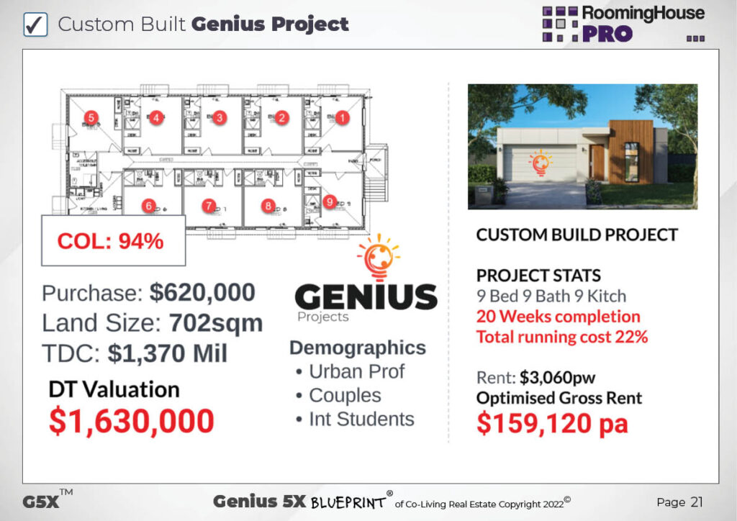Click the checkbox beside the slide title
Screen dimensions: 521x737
(35, 24)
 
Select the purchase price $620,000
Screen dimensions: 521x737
(202, 293)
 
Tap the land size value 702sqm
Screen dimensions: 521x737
(216, 323)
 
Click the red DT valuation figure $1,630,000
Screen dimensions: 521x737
(131, 420)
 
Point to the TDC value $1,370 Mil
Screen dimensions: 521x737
(168, 353)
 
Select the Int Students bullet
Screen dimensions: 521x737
(361, 419)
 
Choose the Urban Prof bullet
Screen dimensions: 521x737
(356, 371)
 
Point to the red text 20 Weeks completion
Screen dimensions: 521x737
(558, 317)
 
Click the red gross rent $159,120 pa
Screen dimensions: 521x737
(552, 423)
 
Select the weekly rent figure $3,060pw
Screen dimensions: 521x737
(548, 377)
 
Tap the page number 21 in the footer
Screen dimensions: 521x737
(695, 502)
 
